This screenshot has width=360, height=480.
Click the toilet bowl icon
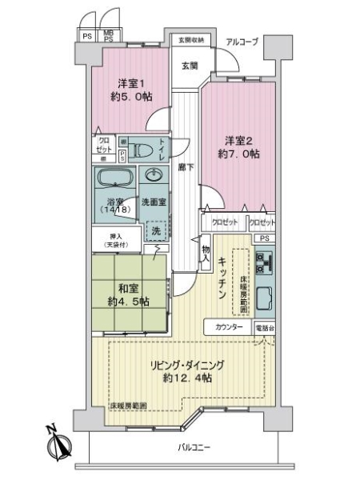pos(145,149)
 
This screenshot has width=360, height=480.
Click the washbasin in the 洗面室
pos(152,176)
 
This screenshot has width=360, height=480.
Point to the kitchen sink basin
pos(266,298)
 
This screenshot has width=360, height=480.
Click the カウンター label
pos(230,328)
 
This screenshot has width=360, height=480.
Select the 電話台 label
pos(265,328)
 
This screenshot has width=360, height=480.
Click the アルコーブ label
pos(240,42)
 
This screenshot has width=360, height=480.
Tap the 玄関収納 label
pos(190,40)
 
